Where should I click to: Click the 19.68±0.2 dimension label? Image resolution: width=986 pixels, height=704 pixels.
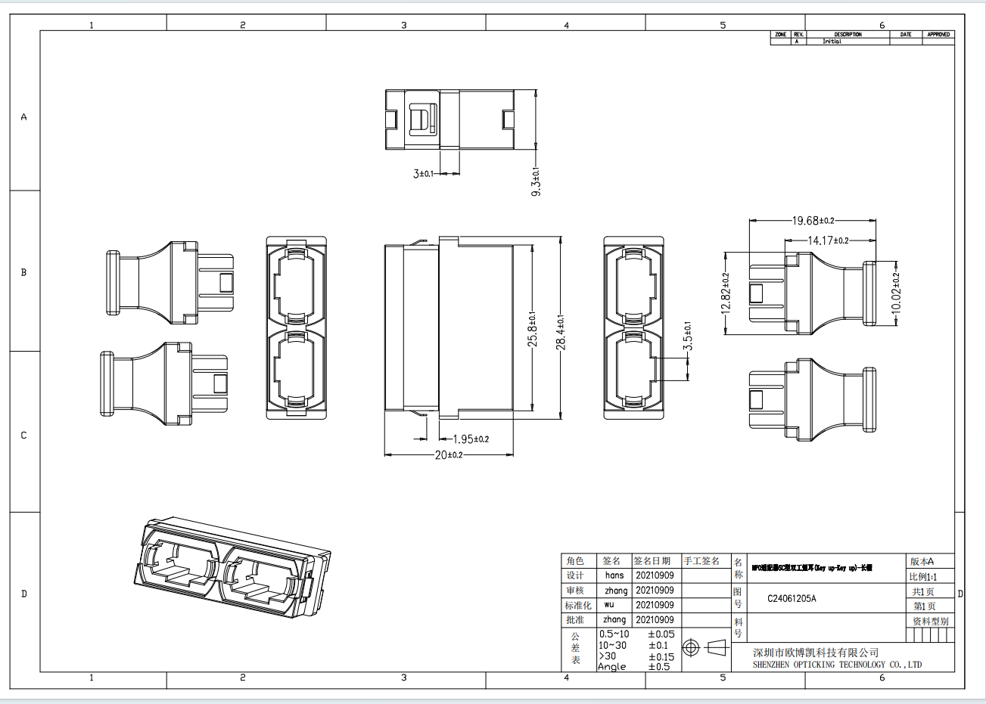(813, 221)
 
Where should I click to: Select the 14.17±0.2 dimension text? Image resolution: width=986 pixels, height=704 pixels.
(828, 240)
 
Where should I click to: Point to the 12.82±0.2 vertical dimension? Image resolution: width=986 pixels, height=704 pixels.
(726, 293)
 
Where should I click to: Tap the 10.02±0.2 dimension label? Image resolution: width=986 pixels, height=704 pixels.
(896, 293)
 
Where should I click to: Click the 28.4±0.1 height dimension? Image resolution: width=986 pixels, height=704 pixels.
(561, 331)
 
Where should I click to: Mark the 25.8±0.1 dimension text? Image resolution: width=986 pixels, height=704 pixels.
(532, 330)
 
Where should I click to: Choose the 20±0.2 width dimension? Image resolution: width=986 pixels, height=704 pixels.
(448, 455)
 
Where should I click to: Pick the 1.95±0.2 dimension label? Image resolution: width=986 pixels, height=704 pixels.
(470, 439)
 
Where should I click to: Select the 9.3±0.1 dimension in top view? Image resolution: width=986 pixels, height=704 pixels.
(536, 182)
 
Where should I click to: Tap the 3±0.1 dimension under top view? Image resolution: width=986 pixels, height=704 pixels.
(423, 174)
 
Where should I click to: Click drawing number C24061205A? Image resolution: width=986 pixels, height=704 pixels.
(792, 598)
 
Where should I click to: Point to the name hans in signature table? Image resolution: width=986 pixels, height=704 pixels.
(614, 575)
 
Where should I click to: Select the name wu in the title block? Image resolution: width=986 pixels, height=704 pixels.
(609, 605)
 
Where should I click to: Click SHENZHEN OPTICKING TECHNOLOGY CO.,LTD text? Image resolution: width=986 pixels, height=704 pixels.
(837, 665)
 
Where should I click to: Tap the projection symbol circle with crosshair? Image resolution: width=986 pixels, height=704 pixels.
(689, 648)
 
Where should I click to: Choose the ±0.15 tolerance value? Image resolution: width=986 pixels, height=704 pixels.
(661, 656)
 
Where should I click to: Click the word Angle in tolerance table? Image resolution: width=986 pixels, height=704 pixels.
(611, 667)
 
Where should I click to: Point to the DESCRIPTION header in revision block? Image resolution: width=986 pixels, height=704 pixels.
(848, 35)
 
